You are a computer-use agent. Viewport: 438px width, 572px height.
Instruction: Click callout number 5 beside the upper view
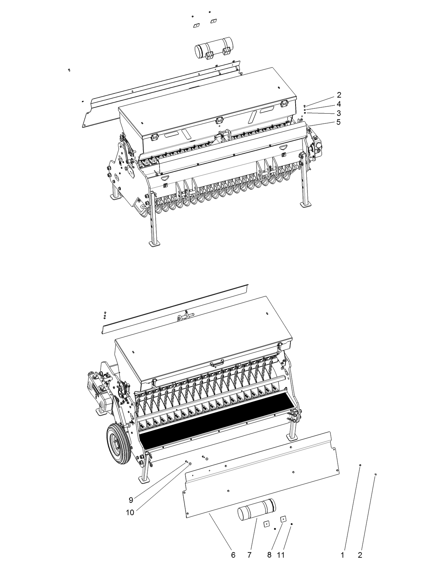[x=338, y=122]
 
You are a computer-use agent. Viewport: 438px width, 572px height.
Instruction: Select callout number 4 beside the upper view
[x=338, y=104]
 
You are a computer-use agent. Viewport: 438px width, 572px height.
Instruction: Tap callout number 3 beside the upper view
[x=338, y=113]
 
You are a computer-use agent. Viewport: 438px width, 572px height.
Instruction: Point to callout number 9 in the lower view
[x=131, y=500]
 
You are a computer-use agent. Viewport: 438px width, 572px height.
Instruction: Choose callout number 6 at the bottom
[x=233, y=555]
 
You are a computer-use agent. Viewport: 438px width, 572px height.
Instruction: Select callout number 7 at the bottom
[x=249, y=555]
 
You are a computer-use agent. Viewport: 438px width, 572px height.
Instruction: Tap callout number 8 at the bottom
[x=269, y=555]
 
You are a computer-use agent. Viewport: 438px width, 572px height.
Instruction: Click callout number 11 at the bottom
[x=281, y=555]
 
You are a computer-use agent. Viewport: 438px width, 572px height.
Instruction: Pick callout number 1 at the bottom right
[x=343, y=555]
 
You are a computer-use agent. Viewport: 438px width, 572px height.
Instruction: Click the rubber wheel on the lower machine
[x=118, y=443]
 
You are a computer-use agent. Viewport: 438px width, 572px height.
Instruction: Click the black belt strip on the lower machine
[x=216, y=418]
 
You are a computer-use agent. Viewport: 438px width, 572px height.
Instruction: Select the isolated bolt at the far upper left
[x=69, y=70]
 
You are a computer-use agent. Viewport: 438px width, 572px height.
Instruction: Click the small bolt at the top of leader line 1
[x=360, y=465]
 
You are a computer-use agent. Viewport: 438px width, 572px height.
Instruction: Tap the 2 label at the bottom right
[x=360, y=555]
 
